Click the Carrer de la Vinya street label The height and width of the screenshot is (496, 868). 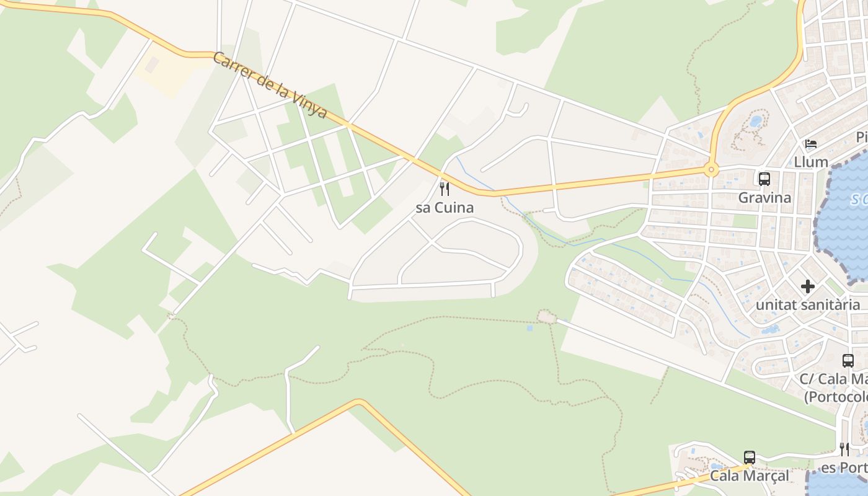pos(269,86)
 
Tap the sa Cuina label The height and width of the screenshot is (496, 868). pos(445,208)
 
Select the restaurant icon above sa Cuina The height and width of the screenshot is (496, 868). pos(445,188)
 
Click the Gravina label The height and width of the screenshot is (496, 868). pos(764,198)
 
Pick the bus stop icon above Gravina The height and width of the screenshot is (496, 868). pos(764,179)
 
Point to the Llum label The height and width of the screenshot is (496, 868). pos(811,162)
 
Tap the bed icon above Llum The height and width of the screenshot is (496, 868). pos(811,144)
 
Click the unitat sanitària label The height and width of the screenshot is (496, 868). pos(807,304)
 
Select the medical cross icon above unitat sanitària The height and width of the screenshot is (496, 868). pos(807,286)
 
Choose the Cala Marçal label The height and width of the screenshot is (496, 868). pos(749,476)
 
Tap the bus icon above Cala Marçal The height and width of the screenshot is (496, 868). pos(750,458)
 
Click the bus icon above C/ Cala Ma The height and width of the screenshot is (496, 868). pos(848,360)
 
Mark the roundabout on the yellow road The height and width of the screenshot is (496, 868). pos(711,169)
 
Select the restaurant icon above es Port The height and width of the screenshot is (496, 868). pos(844,449)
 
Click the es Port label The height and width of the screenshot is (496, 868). pos(843,467)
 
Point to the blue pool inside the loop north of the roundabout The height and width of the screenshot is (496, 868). pos(755,121)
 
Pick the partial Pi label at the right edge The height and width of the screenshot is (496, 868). pos(861,137)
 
